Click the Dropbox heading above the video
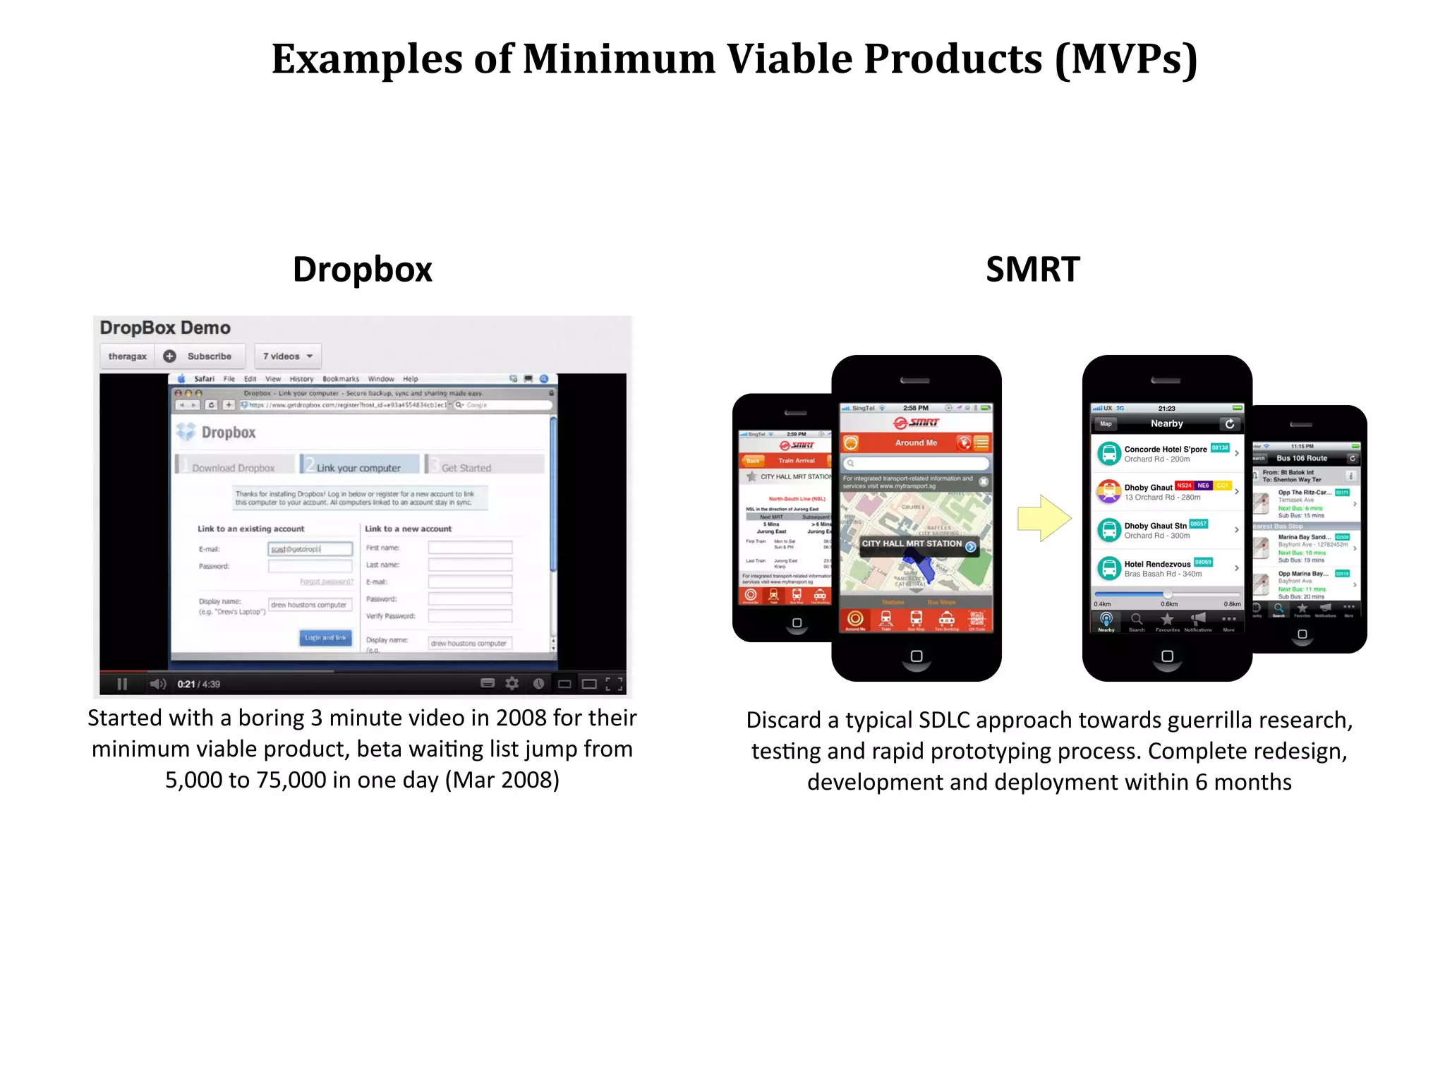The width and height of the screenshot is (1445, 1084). click(362, 270)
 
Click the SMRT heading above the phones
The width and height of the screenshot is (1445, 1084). click(1032, 270)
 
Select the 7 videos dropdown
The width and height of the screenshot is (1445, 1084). click(287, 356)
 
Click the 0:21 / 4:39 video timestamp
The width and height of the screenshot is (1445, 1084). click(198, 684)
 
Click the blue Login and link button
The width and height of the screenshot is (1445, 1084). click(325, 638)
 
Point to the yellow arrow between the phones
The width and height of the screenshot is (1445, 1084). click(1044, 519)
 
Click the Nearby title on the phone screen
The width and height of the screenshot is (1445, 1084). click(1166, 423)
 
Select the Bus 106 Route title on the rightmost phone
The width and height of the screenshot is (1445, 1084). click(1302, 458)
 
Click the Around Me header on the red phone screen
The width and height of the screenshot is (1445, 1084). click(916, 442)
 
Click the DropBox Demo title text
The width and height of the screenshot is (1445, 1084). click(165, 328)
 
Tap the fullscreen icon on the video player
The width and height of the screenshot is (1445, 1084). click(614, 683)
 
